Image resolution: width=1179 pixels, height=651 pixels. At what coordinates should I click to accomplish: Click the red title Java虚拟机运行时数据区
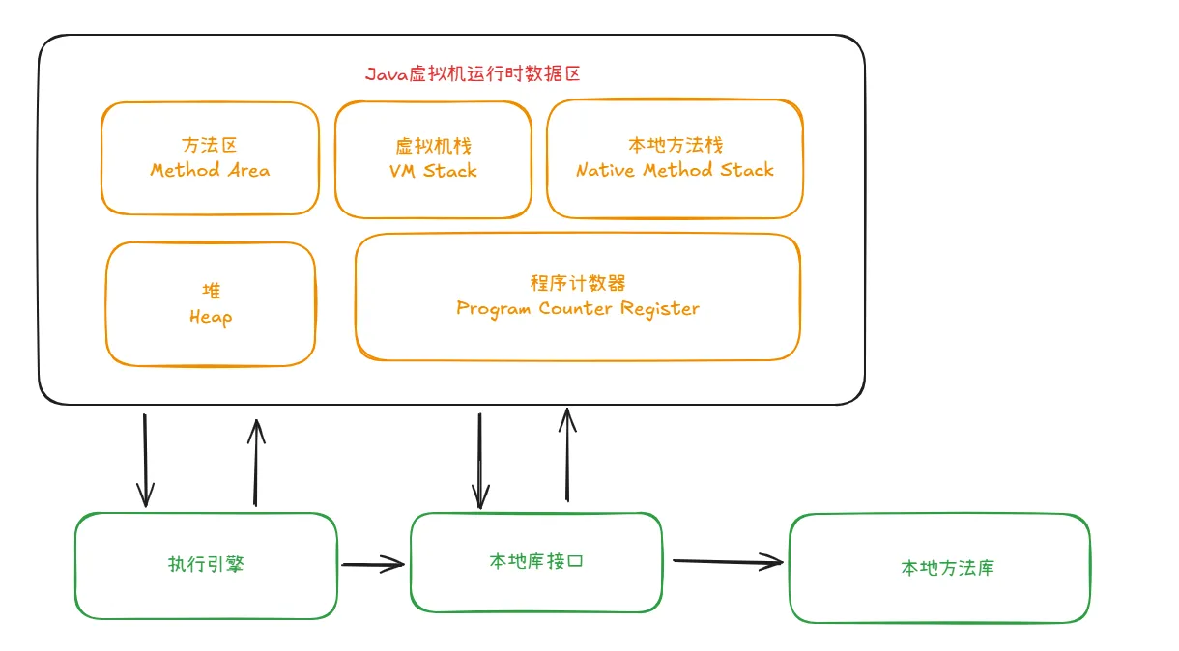(x=473, y=74)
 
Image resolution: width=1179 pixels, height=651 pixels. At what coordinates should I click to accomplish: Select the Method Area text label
(x=210, y=171)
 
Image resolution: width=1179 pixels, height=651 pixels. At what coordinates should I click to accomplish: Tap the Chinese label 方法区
(x=210, y=146)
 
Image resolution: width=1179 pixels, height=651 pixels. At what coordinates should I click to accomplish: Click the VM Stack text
(x=433, y=171)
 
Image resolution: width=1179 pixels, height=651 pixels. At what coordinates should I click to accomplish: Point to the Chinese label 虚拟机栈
(x=433, y=146)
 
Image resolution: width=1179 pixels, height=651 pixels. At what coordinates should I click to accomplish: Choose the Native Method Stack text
(x=675, y=171)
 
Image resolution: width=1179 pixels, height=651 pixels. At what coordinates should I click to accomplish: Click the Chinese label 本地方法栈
(x=675, y=146)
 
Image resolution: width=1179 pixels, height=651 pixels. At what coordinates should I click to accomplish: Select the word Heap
(x=211, y=317)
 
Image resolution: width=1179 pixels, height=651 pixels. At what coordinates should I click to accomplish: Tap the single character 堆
(x=211, y=291)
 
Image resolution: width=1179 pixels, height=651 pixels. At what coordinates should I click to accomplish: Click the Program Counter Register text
(x=578, y=309)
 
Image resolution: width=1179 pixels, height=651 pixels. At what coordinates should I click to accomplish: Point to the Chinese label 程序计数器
(x=578, y=283)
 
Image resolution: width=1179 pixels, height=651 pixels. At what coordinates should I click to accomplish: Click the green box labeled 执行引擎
(x=207, y=565)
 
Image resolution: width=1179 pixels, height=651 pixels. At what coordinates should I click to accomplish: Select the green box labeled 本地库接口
(x=536, y=562)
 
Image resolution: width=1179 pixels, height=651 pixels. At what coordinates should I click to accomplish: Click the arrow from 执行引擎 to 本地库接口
(x=373, y=564)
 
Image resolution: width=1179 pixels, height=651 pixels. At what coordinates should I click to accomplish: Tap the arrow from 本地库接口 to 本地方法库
(x=727, y=560)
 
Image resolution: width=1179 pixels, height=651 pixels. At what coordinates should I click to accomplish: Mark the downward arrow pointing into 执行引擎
(x=145, y=461)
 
